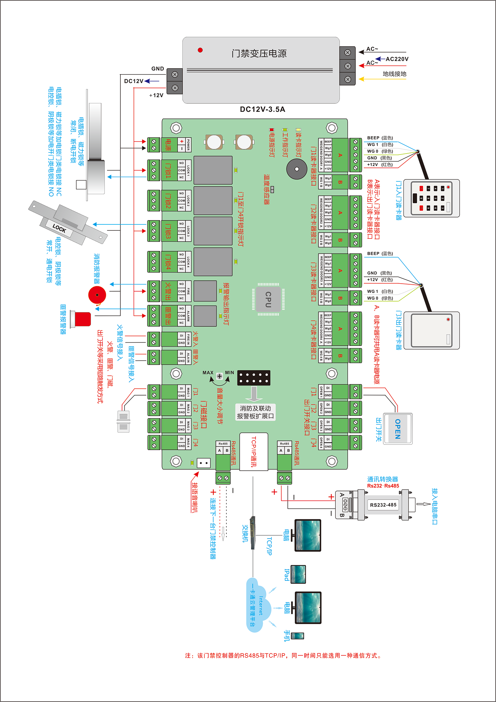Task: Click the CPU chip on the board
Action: click(x=268, y=299)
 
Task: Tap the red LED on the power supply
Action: click(x=200, y=50)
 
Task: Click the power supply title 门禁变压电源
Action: click(x=259, y=53)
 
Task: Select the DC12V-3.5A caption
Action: click(x=263, y=110)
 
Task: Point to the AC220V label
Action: click(x=397, y=59)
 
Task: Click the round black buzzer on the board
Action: click(x=297, y=169)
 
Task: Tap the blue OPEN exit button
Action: click(x=398, y=429)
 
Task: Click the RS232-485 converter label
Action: click(x=383, y=505)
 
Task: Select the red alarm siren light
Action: click(x=82, y=319)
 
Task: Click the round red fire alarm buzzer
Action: click(x=97, y=295)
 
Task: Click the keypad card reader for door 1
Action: click(x=432, y=198)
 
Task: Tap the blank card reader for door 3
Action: click(x=432, y=330)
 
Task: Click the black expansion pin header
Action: click(x=254, y=378)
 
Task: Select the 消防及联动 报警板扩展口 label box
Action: click(x=255, y=412)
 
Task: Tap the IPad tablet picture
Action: click(x=298, y=574)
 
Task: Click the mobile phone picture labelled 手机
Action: click(x=297, y=636)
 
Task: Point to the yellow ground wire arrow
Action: click(x=362, y=79)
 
